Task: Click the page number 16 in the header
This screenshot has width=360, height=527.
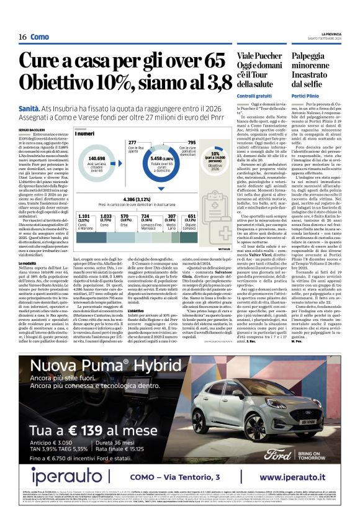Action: click(x=22, y=37)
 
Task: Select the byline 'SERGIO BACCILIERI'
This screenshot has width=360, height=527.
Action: click(x=32, y=128)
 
